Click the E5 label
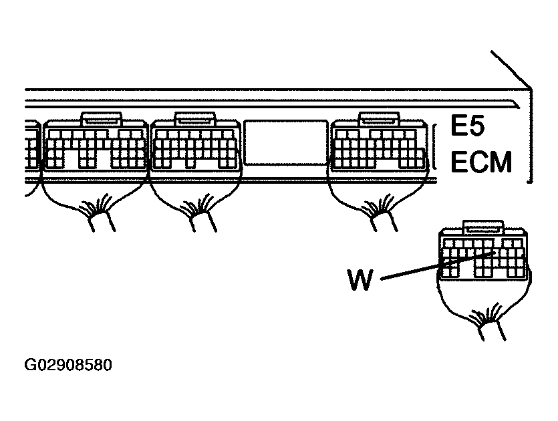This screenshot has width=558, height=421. pos(467,125)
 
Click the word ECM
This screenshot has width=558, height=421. pos(481,162)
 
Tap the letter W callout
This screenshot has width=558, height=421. pos(360,279)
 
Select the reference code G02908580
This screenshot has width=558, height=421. pos(68,365)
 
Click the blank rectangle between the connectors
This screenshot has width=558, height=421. pos(286,143)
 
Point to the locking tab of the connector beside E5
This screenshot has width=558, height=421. pos(379,119)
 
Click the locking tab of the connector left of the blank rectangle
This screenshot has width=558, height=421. pos(194,119)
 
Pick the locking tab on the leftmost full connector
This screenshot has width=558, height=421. pos(102,119)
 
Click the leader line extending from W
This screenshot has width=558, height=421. pos(438,265)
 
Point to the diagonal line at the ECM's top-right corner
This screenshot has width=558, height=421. pos(511,69)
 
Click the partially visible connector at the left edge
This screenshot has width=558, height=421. pos(32,146)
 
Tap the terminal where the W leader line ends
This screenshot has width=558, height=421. pos(495,253)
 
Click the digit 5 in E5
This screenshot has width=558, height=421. pos(476,125)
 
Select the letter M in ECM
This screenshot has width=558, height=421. pos(501,162)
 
